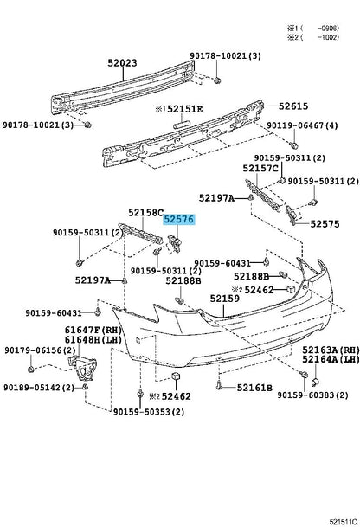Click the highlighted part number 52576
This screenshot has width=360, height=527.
179,220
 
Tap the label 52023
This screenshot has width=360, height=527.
122,63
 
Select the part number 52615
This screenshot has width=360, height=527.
293,106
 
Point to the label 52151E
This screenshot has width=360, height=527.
185,109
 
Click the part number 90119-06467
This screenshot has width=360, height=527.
292,125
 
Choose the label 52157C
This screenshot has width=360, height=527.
260,168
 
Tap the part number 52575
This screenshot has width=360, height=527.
325,224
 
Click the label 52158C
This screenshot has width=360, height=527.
146,212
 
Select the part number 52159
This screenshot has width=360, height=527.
225,299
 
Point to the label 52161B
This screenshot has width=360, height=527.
254,388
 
